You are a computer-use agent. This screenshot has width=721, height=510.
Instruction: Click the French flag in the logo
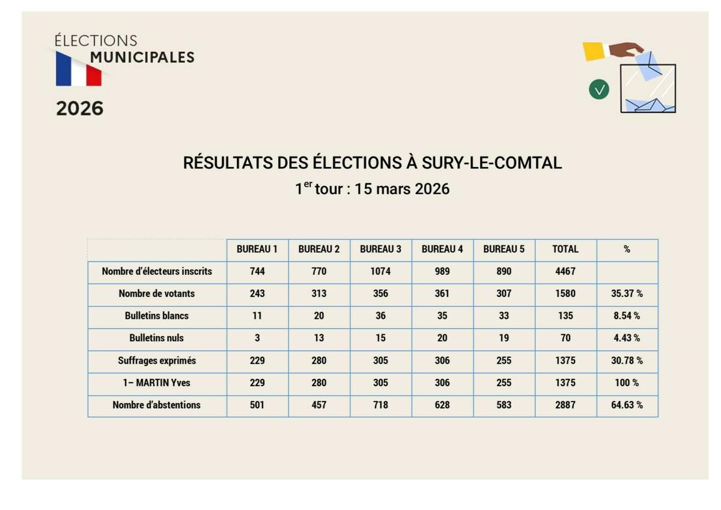(x=79, y=69)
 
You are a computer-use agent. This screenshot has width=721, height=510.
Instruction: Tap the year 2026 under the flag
(x=80, y=109)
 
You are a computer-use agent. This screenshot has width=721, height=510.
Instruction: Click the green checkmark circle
(x=598, y=90)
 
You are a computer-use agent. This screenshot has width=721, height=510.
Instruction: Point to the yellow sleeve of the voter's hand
(x=594, y=51)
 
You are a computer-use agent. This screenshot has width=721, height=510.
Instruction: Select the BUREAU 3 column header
(x=380, y=249)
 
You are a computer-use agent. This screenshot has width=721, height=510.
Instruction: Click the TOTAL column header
(x=565, y=249)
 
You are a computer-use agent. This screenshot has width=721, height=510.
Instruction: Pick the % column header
(x=627, y=249)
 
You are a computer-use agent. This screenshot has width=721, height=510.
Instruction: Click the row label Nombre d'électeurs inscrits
(x=157, y=271)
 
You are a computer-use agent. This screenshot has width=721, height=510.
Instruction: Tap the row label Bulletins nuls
(x=157, y=338)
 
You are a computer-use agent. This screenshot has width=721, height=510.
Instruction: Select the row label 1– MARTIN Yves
(x=157, y=382)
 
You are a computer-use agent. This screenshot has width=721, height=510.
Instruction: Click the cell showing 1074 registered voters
(x=380, y=271)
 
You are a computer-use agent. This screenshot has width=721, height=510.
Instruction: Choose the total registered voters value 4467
(x=565, y=271)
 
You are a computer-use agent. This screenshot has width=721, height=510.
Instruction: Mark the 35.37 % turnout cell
(x=627, y=293)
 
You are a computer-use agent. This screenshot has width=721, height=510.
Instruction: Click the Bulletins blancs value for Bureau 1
(x=257, y=316)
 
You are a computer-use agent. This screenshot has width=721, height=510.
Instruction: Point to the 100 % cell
(x=627, y=382)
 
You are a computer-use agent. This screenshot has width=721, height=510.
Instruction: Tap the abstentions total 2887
(x=565, y=405)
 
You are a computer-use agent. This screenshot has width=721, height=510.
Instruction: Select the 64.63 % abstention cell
(x=627, y=405)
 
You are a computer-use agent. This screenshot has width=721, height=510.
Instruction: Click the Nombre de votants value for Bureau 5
(x=504, y=293)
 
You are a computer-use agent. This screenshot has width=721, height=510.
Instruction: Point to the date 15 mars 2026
(x=402, y=189)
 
